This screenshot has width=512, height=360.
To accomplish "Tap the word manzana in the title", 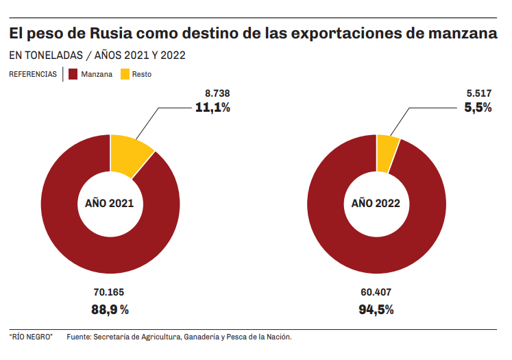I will (458, 33).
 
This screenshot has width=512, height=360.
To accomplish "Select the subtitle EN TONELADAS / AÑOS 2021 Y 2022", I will (97, 55).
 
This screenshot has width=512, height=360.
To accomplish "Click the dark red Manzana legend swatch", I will (73, 73).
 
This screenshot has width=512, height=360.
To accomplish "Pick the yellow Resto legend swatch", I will (125, 73).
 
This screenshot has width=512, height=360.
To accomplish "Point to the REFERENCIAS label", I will (33, 74).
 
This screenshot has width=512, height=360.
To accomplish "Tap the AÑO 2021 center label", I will (110, 204).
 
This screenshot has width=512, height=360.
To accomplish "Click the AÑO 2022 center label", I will (376, 204).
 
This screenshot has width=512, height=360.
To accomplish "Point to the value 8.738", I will (217, 93).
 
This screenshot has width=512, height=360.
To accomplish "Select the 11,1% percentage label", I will (212, 107).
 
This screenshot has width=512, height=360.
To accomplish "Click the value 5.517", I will (478, 93).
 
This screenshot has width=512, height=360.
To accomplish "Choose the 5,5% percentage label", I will (478, 107).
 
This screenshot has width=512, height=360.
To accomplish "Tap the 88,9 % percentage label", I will (110, 309).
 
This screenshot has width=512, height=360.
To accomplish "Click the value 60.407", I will (376, 292).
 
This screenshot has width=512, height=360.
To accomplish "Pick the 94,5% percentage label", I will (376, 309).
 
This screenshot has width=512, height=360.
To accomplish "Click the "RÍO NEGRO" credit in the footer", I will (31, 337).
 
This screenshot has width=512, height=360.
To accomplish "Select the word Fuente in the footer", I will (79, 337).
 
